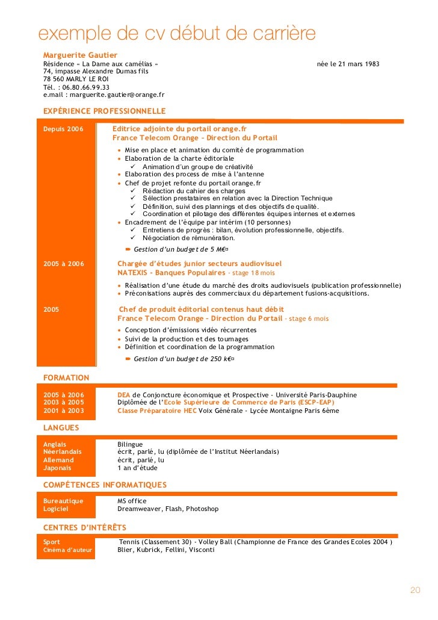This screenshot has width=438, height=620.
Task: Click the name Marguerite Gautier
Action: pyautogui.click(x=80, y=55)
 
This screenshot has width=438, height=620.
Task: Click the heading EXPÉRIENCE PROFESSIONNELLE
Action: pyautogui.click(x=104, y=111)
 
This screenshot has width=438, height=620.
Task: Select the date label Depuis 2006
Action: pyautogui.click(x=63, y=129)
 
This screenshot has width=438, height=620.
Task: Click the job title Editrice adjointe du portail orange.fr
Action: pyautogui.click(x=179, y=129)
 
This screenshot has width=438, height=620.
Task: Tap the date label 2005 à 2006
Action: pyautogui.click(x=64, y=264)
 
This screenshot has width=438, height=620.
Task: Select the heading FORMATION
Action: pyautogui.click(x=66, y=377)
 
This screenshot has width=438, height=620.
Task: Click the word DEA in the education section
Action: pyautogui.click(x=123, y=395)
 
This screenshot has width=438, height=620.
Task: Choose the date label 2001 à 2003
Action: pyautogui.click(x=64, y=411)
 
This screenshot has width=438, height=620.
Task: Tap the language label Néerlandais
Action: pyautogui.click(x=62, y=452)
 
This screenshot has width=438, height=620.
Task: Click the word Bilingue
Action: pyautogui.click(x=130, y=444)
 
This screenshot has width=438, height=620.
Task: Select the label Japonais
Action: pyautogui.click(x=57, y=468)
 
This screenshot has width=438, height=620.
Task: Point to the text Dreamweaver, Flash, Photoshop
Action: pyautogui.click(x=168, y=509)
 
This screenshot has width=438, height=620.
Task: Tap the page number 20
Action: pyautogui.click(x=415, y=590)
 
